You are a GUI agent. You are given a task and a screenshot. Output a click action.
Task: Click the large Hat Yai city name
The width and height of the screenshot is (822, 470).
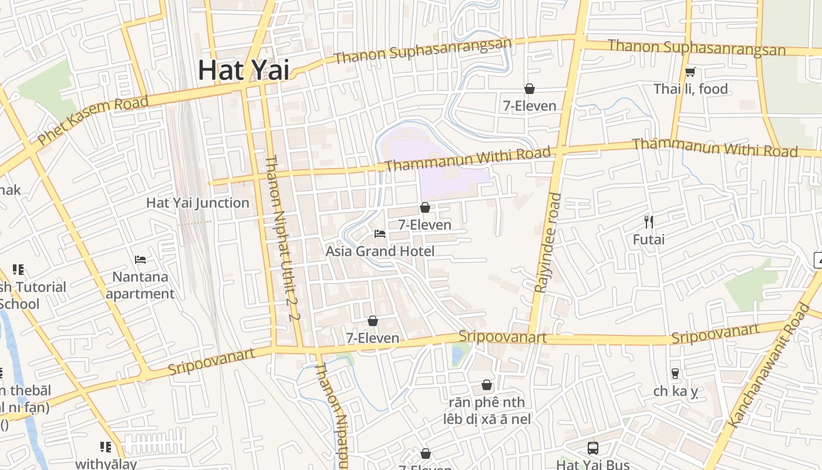(243, 70)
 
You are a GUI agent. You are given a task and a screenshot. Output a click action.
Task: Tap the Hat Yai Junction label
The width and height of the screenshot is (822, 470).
(197, 203)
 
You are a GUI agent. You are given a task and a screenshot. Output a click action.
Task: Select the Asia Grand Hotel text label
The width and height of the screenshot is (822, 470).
(380, 251)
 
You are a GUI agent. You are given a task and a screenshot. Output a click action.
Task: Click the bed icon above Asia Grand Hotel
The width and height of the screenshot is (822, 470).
(380, 234)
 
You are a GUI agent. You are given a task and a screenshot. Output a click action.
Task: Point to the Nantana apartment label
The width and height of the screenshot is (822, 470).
(140, 285)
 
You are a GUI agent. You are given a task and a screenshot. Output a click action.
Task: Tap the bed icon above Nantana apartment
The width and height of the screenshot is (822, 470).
(140, 259)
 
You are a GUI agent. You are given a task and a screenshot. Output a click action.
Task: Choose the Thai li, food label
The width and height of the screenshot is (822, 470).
(690, 89)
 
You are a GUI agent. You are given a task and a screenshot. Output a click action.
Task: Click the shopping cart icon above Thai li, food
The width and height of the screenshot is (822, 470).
(690, 72)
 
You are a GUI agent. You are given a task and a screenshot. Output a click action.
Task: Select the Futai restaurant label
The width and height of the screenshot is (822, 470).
(649, 240)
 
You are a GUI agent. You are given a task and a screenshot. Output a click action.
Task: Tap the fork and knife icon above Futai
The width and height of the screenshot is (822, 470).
(649, 221)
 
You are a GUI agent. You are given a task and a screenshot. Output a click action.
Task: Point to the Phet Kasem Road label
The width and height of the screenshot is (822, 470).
(93, 120)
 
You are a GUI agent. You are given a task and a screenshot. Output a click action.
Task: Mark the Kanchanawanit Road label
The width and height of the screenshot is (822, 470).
(768, 366)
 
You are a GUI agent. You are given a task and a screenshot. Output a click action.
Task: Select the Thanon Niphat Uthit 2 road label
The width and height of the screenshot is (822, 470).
(279, 238)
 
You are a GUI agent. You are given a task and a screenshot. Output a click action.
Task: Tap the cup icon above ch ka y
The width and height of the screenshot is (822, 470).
(675, 373)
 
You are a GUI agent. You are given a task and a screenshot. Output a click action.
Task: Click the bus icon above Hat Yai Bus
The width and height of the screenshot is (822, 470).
(593, 448)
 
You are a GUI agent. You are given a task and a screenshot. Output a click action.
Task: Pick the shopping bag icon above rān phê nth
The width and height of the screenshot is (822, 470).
(487, 385)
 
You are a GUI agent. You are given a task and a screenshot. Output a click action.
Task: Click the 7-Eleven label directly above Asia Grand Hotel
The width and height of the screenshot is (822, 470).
(425, 225)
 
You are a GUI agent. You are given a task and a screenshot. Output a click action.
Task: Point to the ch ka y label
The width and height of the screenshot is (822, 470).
(675, 391)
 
